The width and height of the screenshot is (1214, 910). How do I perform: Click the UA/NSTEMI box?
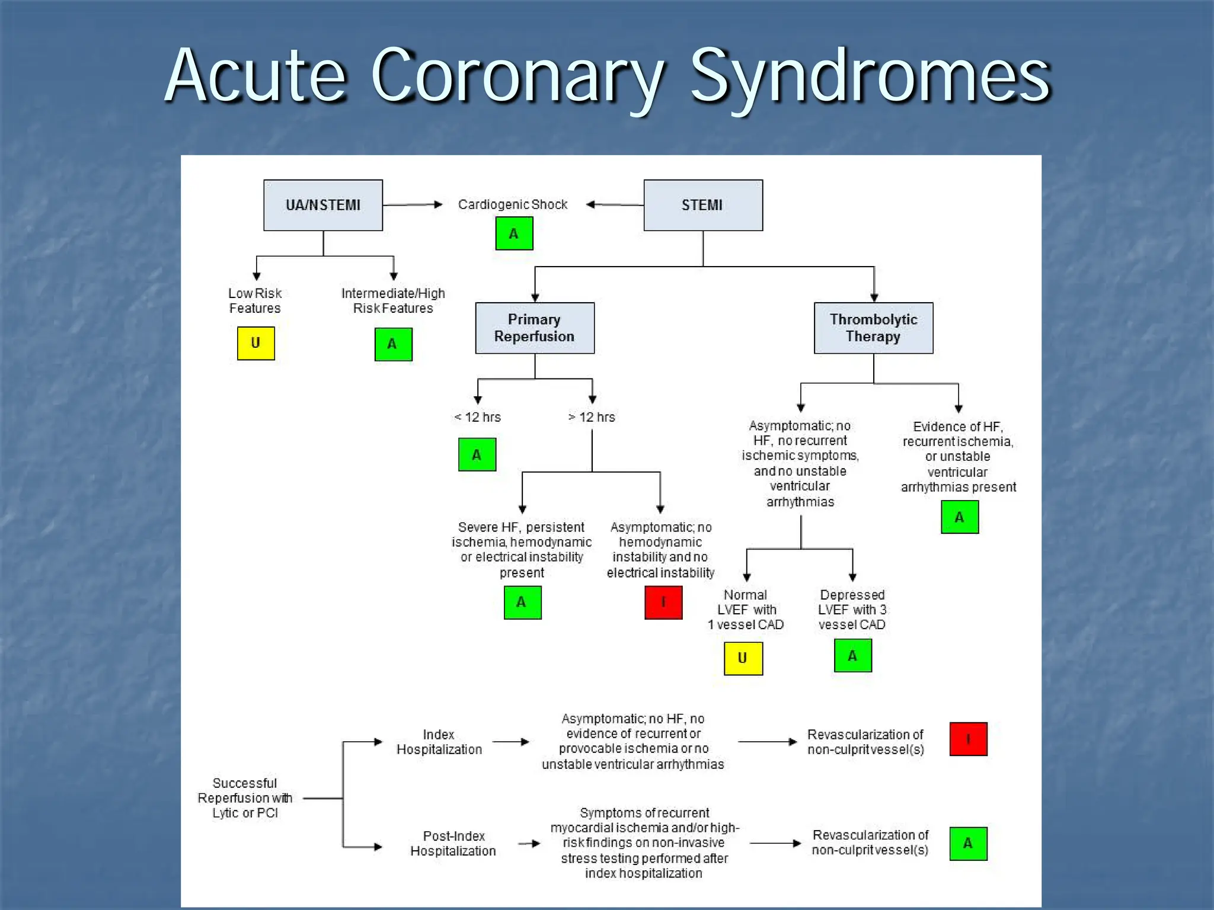point(323,205)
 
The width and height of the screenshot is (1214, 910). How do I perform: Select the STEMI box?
point(703,205)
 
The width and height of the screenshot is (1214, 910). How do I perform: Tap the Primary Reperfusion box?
point(535,328)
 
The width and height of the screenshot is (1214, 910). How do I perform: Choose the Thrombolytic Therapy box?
point(873,328)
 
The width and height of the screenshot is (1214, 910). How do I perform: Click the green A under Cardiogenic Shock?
point(514,233)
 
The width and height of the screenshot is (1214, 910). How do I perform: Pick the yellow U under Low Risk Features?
point(255,343)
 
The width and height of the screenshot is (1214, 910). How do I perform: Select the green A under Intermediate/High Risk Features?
point(393,344)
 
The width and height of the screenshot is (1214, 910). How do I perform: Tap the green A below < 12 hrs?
point(477,454)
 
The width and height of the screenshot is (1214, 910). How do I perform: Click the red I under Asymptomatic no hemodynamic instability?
point(663,603)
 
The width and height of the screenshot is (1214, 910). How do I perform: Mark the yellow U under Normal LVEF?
point(743,658)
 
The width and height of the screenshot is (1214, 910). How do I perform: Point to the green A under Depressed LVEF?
point(852,655)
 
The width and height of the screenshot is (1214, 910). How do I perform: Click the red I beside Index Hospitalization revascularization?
point(968,739)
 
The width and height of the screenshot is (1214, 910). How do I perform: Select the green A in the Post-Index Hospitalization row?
point(968,843)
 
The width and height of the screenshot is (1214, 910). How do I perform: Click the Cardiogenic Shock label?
point(513,205)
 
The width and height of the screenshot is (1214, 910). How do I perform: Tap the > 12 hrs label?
point(592,417)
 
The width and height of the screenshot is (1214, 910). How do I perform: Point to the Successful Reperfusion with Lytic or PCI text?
point(245,798)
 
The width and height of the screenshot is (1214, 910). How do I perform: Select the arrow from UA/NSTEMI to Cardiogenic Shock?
point(413,205)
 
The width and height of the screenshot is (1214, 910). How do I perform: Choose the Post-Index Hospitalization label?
point(453,843)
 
